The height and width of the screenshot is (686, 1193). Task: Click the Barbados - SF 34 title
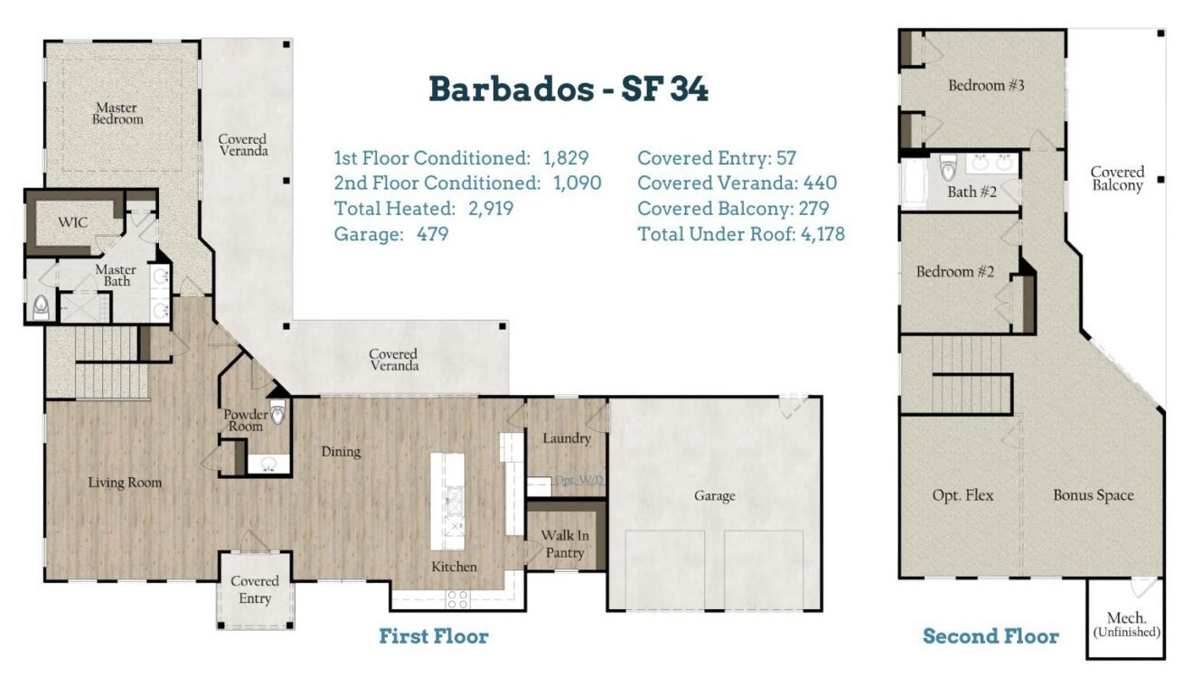(568, 89)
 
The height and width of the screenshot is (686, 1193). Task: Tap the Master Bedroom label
(117, 114)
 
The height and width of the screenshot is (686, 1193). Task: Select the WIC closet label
(73, 222)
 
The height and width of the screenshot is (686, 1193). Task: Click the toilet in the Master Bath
(41, 308)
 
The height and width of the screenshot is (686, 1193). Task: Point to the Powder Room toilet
(277, 412)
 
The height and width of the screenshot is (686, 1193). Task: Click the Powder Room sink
(268, 465)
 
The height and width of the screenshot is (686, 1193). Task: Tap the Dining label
(341, 452)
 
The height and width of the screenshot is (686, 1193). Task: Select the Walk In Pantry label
(565, 544)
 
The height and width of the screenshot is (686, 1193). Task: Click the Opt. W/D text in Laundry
(579, 480)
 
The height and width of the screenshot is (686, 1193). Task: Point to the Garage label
(715, 496)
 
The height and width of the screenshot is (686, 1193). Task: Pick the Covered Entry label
(255, 589)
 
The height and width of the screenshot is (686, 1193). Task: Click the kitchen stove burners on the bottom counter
(457, 599)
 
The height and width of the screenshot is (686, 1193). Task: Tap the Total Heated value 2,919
(491, 209)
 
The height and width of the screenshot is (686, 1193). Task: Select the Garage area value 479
(432, 234)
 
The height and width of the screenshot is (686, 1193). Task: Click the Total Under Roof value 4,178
(822, 234)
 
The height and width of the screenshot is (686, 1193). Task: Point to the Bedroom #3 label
(986, 85)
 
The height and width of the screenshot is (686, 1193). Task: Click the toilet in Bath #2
(948, 167)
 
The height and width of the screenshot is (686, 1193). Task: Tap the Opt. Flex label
(963, 495)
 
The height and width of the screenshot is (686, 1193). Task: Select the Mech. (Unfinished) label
(1127, 625)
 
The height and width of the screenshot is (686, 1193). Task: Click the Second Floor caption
(991, 636)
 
